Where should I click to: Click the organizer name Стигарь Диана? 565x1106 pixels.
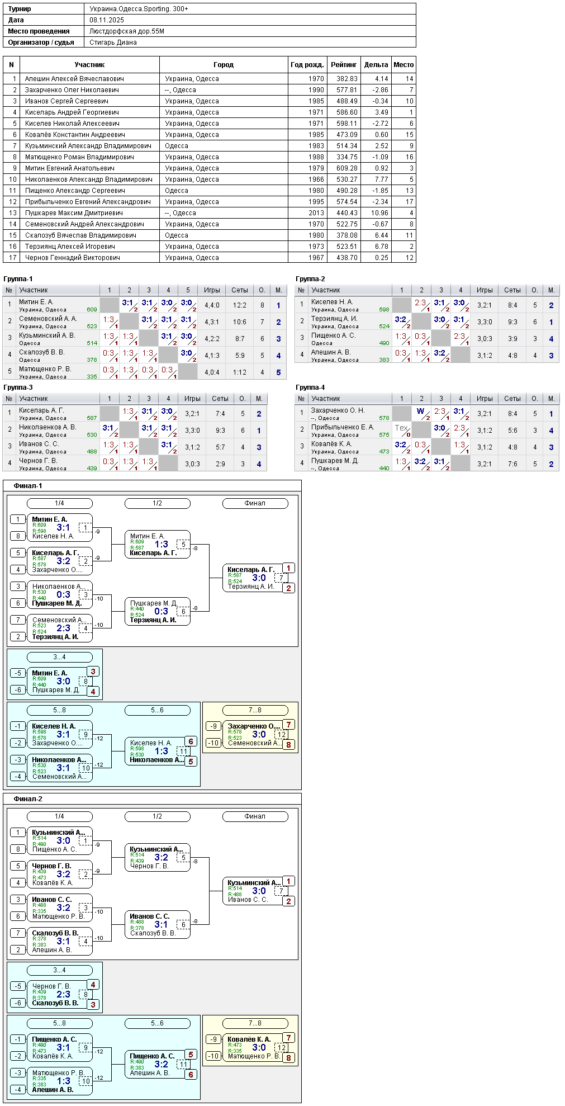(x=113, y=42)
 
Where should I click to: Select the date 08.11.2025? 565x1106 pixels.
(x=107, y=20)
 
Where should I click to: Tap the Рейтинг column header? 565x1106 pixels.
(x=344, y=65)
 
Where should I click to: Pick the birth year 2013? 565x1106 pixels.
(x=316, y=213)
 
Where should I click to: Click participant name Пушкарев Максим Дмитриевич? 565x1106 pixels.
(x=74, y=213)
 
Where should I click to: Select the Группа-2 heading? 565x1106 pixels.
(x=310, y=279)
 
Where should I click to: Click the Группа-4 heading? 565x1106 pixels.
(x=310, y=387)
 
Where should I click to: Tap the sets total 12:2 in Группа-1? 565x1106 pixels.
(x=240, y=305)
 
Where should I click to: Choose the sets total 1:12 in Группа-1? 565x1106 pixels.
(x=240, y=372)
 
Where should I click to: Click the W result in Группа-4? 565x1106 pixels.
(x=420, y=411)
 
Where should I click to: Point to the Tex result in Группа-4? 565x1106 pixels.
(x=401, y=428)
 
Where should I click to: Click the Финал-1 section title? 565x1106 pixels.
(x=28, y=486)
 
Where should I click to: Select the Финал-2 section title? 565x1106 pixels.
(x=28, y=799)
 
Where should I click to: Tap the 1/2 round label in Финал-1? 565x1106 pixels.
(x=157, y=503)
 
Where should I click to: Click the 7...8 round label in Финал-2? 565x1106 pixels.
(x=255, y=1023)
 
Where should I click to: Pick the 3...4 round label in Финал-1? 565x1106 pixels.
(x=59, y=657)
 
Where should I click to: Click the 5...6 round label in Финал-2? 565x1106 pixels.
(x=157, y=1023)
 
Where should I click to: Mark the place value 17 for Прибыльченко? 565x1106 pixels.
(x=410, y=202)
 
